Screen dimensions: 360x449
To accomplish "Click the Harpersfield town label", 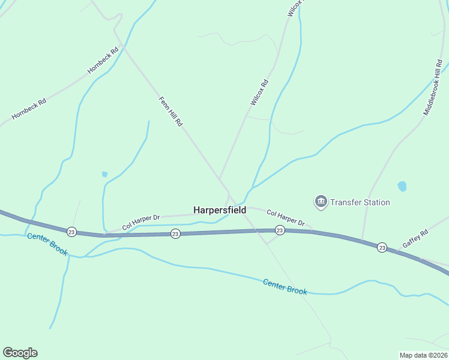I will click(x=219, y=210).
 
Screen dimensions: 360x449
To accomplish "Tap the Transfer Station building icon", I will click(x=321, y=201).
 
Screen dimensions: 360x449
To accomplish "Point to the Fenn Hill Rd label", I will click(x=170, y=111).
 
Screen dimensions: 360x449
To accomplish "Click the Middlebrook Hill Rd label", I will click(x=433, y=88).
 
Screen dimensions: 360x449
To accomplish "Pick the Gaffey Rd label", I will click(x=415, y=238).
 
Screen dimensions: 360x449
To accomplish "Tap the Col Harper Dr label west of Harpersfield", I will click(x=141, y=223).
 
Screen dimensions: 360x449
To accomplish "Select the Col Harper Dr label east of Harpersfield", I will click(x=286, y=217).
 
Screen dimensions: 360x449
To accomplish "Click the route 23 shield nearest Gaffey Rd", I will click(x=382, y=247).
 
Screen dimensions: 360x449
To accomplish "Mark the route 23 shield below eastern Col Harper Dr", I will click(x=279, y=230).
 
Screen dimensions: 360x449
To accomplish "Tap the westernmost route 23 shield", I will click(x=71, y=232).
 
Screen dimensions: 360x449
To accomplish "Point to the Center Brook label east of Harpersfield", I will click(x=285, y=286).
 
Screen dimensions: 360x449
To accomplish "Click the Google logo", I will click(x=20, y=353).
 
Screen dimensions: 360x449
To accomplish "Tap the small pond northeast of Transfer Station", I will click(x=402, y=186).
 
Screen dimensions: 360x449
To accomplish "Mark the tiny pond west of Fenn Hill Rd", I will click(x=104, y=174).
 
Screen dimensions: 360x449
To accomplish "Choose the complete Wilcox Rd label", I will click(x=259, y=93).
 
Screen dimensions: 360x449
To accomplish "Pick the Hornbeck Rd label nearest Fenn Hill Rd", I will click(x=99, y=61).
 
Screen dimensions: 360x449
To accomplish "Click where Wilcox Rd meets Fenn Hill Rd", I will click(x=220, y=178).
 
